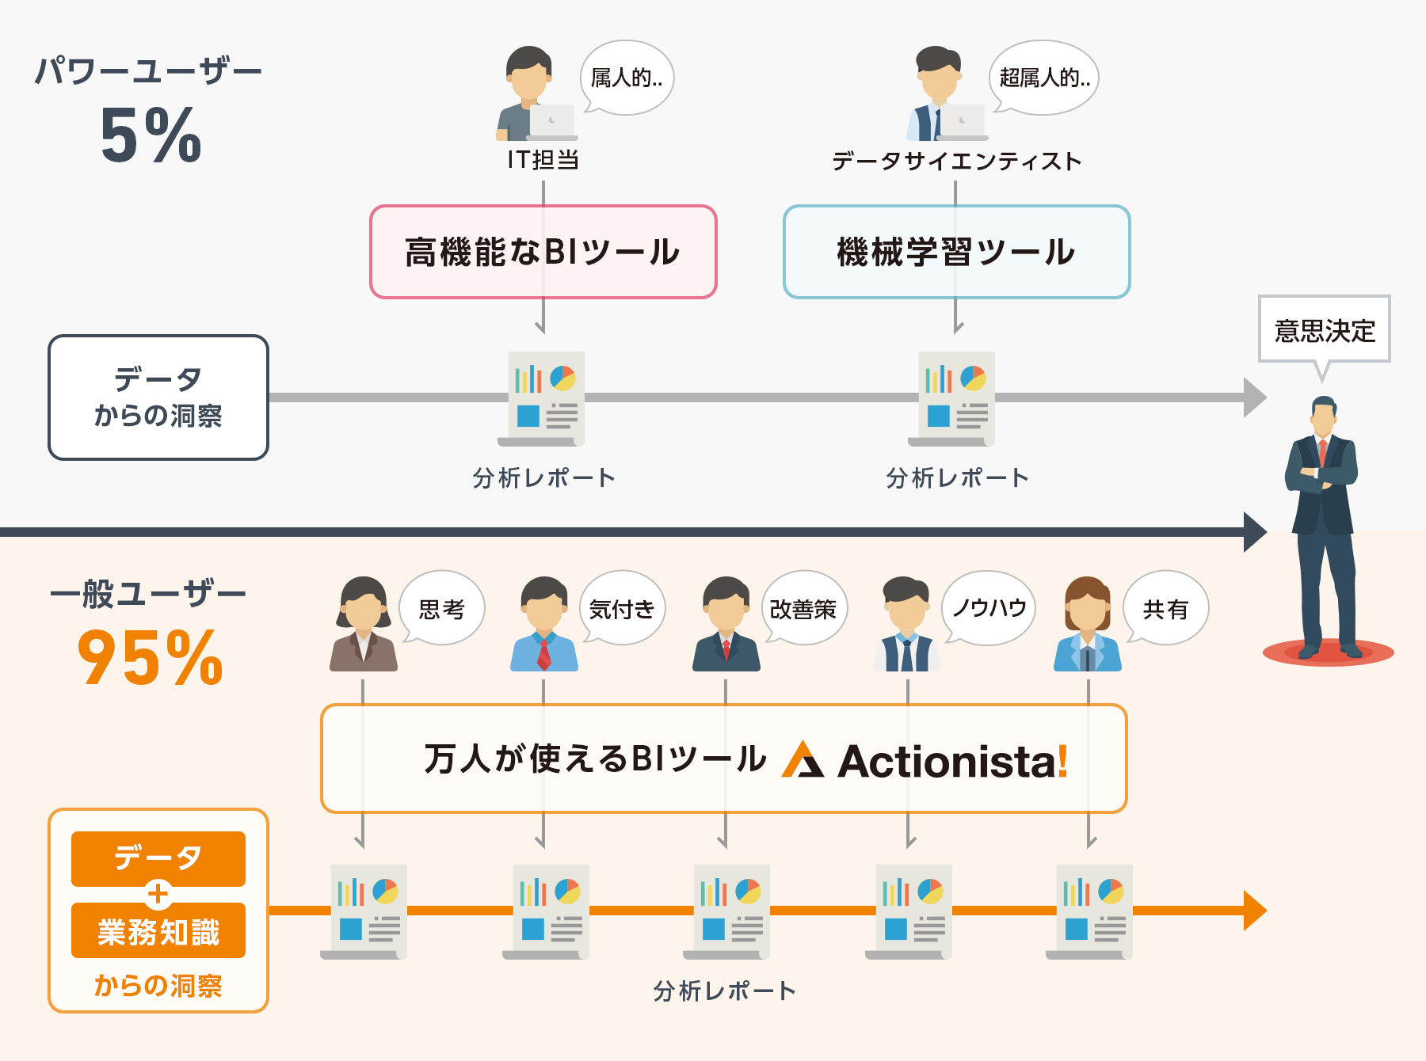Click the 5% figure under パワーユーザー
pyautogui.click(x=151, y=135)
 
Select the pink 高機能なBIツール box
pyautogui.click(x=543, y=252)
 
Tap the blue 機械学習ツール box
pyautogui.click(x=956, y=252)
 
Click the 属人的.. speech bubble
pyautogui.click(x=627, y=78)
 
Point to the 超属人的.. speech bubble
pyautogui.click(x=1044, y=78)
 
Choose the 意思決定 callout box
pyautogui.click(x=1324, y=329)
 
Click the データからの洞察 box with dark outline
pyautogui.click(x=158, y=397)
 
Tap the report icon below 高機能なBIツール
pyautogui.click(x=545, y=398)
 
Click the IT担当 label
pyautogui.click(x=543, y=160)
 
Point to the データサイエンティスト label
pyautogui.click(x=956, y=162)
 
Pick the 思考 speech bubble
pyautogui.click(x=442, y=608)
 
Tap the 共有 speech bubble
pyautogui.click(x=1165, y=608)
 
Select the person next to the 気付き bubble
pyautogui.click(x=543, y=626)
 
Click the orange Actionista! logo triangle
pyautogui.click(x=802, y=760)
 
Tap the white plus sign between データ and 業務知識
pyautogui.click(x=158, y=894)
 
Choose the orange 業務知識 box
pyautogui.click(x=158, y=932)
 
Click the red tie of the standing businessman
pyautogui.click(x=1322, y=453)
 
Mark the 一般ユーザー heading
pyautogui.click(x=148, y=594)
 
